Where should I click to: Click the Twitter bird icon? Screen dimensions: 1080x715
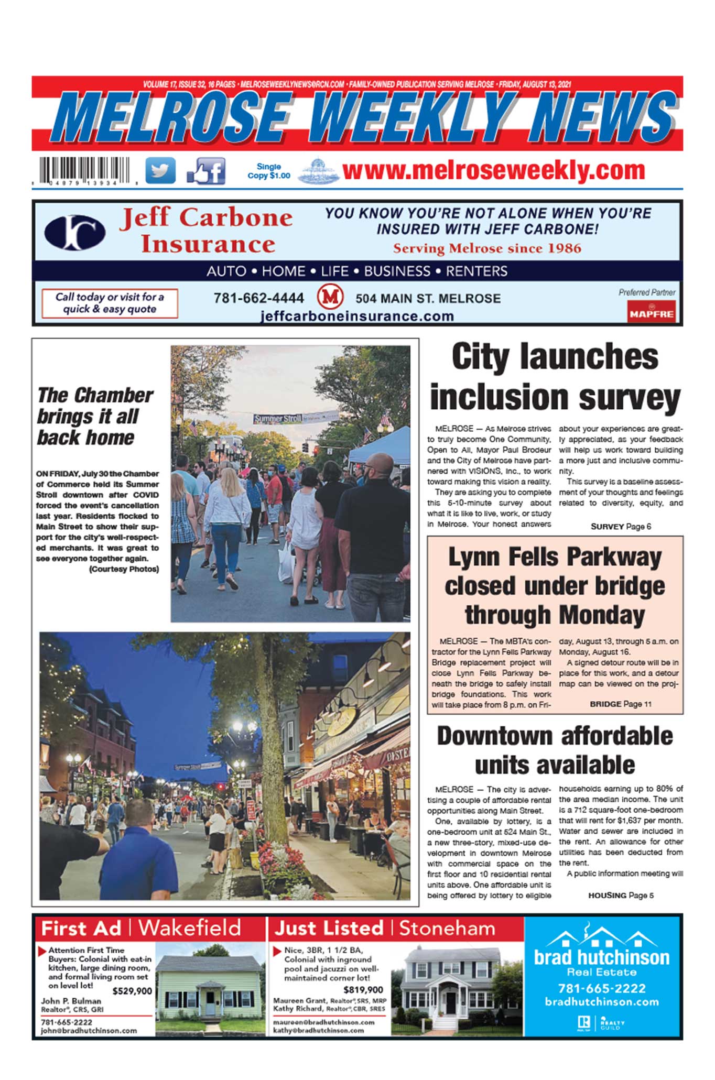(x=160, y=170)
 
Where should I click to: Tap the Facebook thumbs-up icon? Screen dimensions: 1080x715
(x=206, y=171)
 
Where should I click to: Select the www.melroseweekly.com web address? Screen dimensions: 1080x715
(x=493, y=170)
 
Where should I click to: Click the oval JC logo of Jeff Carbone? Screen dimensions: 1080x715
(x=75, y=232)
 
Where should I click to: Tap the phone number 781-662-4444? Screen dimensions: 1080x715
(x=258, y=298)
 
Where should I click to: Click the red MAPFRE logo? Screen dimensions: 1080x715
(x=652, y=312)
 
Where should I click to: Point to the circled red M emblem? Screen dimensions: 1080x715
(x=330, y=297)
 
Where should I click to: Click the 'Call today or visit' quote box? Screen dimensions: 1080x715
(x=110, y=303)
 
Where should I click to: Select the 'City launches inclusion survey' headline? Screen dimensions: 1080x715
(x=555, y=376)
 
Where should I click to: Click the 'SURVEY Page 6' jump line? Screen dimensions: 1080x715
(x=621, y=527)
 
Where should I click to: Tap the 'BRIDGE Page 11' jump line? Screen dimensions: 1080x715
(x=621, y=704)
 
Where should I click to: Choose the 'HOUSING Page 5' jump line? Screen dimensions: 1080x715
(x=621, y=896)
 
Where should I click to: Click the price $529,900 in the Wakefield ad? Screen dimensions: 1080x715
(x=132, y=991)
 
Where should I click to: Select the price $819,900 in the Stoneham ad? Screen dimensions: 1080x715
(x=363, y=990)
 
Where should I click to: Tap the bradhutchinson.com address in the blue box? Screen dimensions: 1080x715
(x=602, y=1002)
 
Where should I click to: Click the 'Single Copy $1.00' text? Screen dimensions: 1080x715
(x=268, y=171)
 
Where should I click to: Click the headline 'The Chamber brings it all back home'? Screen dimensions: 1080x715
(x=95, y=416)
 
